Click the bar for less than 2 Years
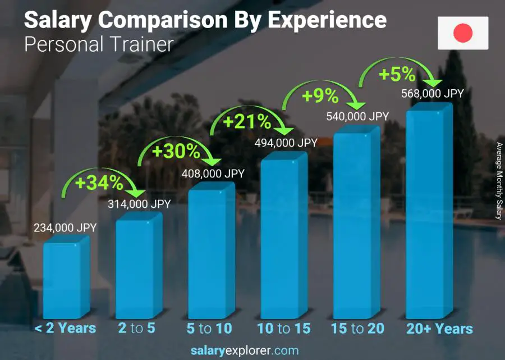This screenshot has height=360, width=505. click(x=66, y=278)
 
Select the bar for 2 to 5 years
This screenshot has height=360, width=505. click(x=138, y=267)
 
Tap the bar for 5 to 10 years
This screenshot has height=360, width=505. click(x=210, y=253)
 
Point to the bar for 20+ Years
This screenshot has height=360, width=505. click(x=428, y=213)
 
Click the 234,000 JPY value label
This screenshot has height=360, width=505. click(x=66, y=227)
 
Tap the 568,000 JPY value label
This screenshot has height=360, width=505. click(x=432, y=94)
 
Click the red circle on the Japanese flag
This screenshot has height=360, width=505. click(x=463, y=33)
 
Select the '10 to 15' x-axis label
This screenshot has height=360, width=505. click(x=283, y=329)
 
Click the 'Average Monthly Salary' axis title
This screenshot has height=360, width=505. click(x=499, y=181)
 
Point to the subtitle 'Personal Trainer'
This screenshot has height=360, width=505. click(x=99, y=44)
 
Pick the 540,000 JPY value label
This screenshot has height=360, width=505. click(x=357, y=116)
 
